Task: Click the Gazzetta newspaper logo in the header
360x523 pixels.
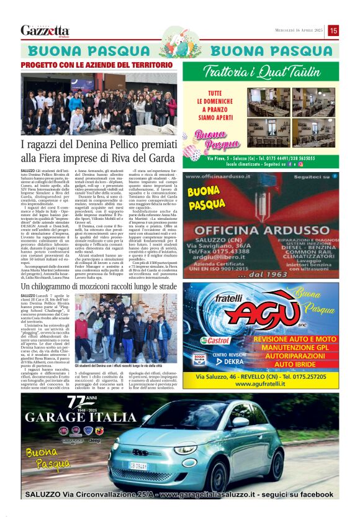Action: (45, 30)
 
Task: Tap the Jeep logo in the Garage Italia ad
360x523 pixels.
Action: (95, 440)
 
